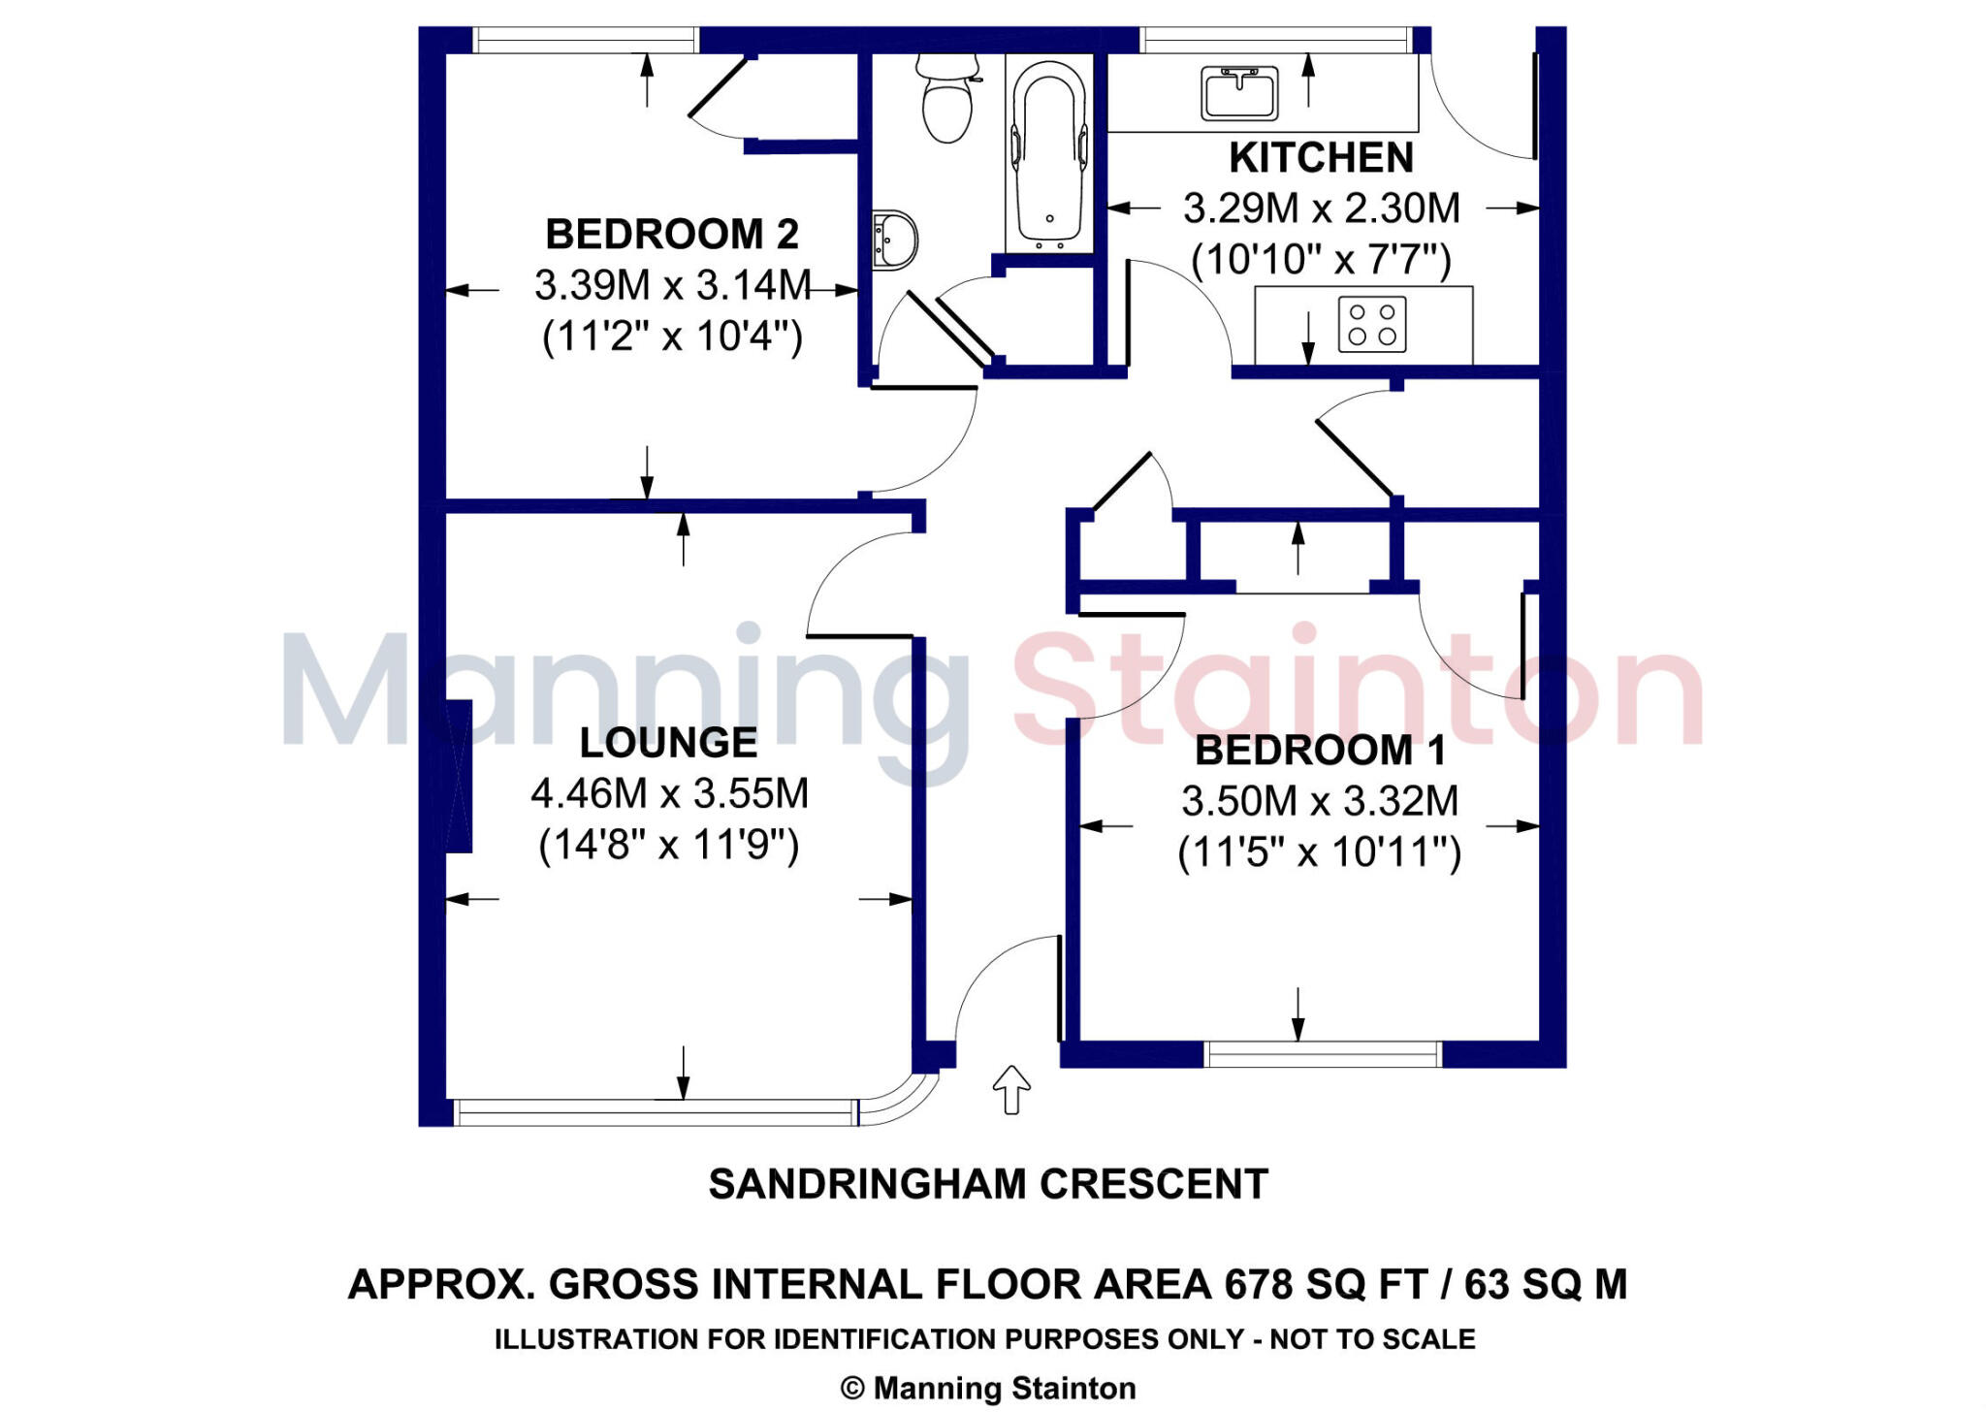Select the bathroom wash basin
click(894, 239)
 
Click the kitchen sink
click(1239, 93)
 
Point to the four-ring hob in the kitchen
click(1372, 324)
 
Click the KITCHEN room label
click(1321, 158)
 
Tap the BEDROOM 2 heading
click(671, 235)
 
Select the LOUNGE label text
click(668, 743)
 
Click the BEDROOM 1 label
click(1320, 751)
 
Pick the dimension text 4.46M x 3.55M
click(669, 794)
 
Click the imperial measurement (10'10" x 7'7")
click(1321, 260)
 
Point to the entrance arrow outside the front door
click(1011, 1089)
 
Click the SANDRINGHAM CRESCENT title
click(987, 1184)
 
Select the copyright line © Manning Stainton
click(987, 1389)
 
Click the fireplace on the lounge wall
click(459, 777)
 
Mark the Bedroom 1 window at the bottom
click(1323, 1054)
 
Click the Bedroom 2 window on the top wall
click(586, 40)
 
